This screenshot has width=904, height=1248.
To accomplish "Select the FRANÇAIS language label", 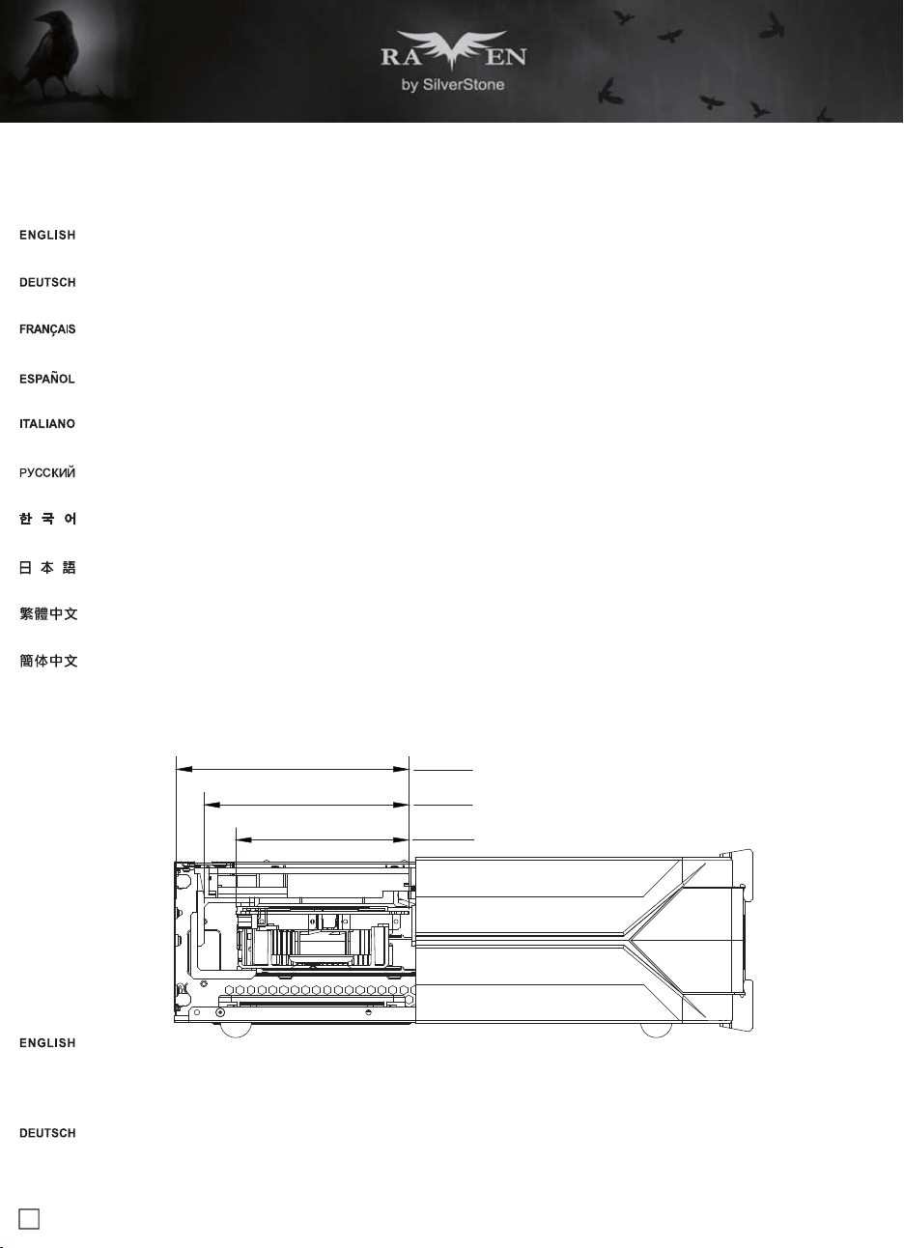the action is point(47,329).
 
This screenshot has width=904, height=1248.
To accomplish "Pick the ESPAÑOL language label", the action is point(46,379).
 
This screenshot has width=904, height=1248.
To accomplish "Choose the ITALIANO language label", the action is point(46,424).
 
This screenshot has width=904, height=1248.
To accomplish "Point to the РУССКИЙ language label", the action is point(46,473).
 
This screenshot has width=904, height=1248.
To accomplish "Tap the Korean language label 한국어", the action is point(48,519).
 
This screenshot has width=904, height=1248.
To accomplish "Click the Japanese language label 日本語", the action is point(47,567).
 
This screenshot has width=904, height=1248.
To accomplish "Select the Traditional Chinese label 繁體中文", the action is point(48,614).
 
